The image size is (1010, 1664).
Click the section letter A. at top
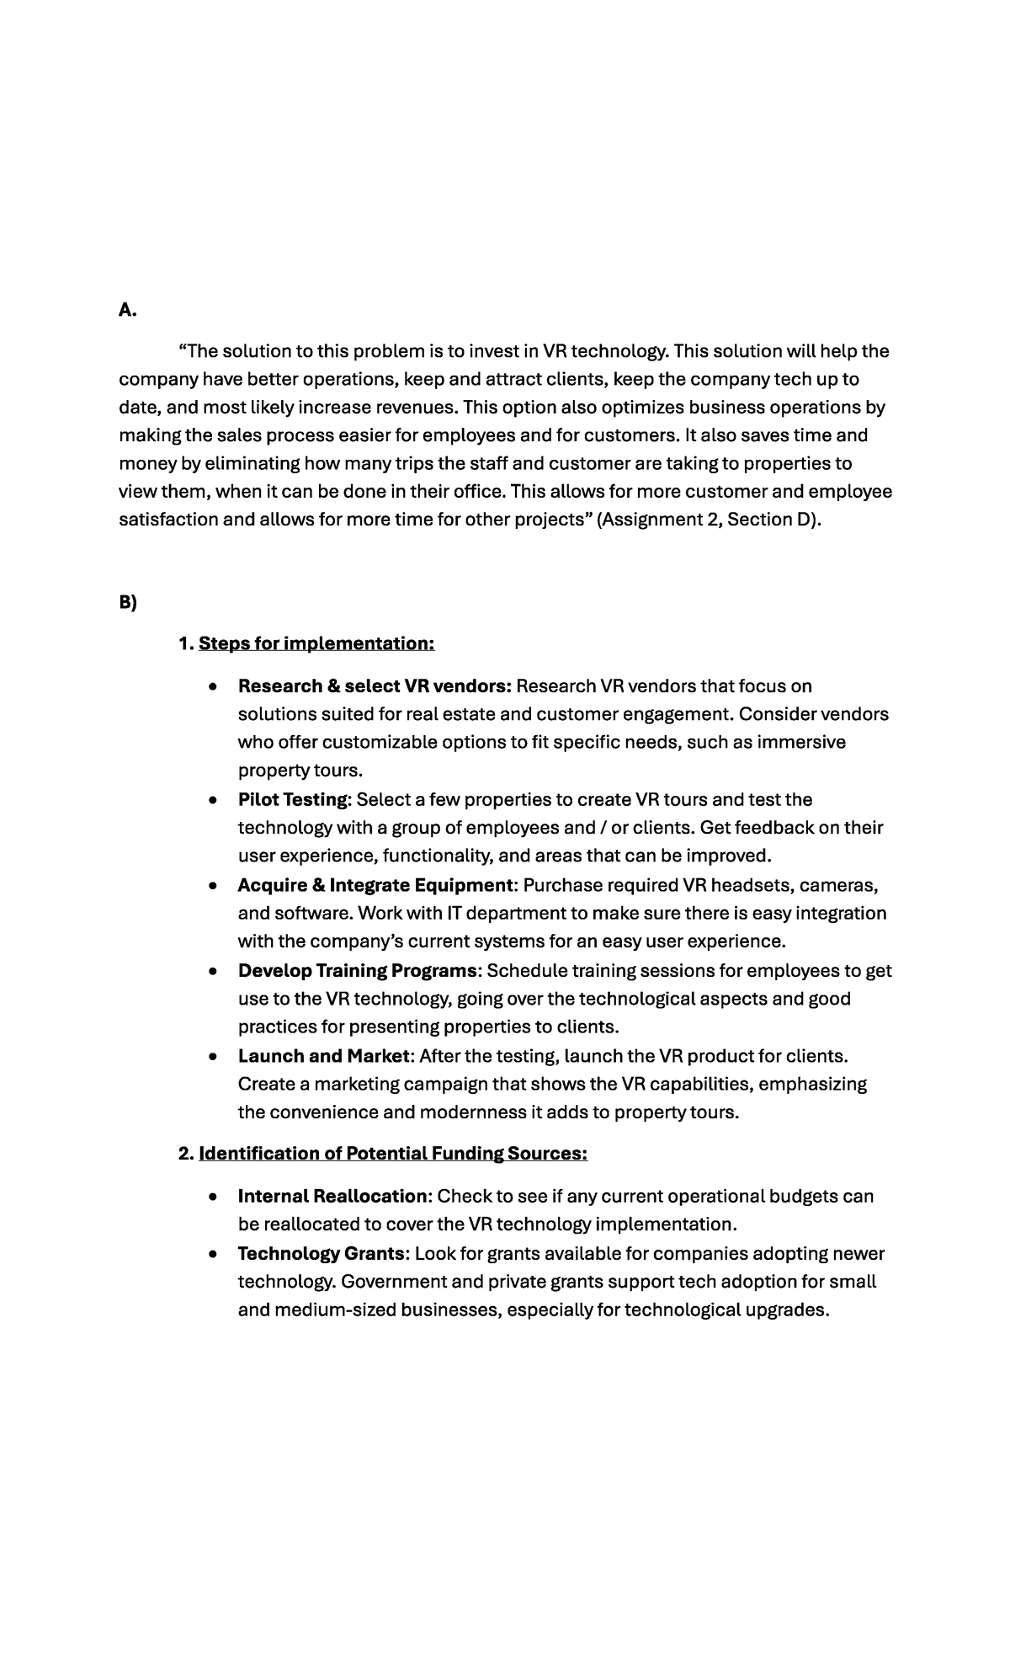point(127,310)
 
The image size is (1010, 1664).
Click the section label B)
point(127,602)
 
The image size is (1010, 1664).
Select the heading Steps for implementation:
point(316,643)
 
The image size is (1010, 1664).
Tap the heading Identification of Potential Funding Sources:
point(392,1153)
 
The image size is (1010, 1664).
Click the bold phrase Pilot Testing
point(292,799)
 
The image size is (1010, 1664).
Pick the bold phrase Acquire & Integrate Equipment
point(375,885)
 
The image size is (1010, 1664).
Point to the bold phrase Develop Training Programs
point(358,970)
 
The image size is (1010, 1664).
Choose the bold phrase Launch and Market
point(324,1056)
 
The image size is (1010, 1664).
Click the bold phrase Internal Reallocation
point(332,1196)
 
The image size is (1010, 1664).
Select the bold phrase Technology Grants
point(322,1253)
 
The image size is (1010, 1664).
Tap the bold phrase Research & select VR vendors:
point(375,686)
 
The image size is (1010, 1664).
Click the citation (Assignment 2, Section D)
point(708,520)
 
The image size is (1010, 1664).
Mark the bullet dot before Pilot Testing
point(215,800)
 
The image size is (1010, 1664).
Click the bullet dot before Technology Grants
point(215,1254)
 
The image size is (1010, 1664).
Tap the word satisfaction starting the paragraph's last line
point(167,520)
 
